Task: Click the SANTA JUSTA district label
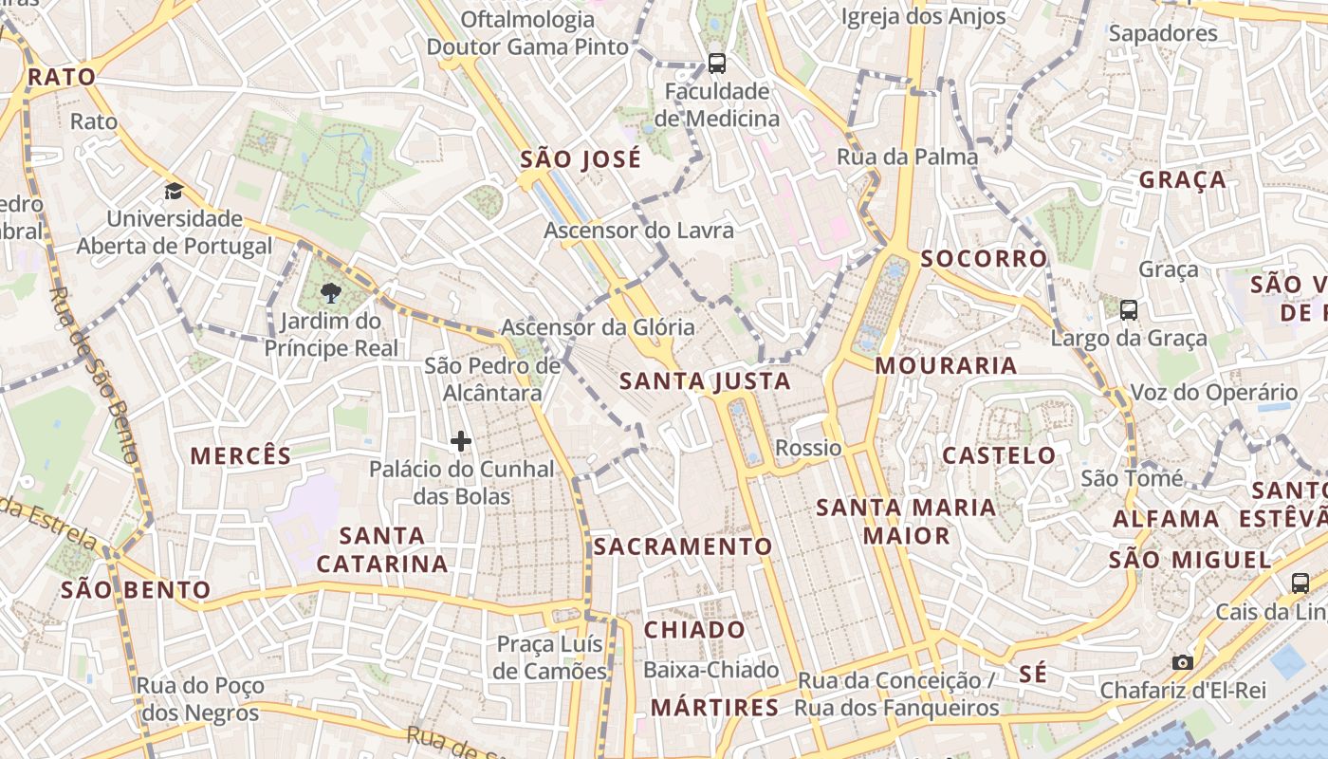(704, 381)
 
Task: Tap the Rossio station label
(808, 447)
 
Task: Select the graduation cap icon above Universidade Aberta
(174, 192)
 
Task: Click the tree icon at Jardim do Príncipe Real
(331, 292)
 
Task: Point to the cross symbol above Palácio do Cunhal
(461, 441)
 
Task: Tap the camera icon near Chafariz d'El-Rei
(1182, 662)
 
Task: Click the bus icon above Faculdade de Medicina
(717, 64)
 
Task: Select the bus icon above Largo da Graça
(1129, 309)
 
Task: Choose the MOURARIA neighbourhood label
(946, 365)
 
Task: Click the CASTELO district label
(999, 455)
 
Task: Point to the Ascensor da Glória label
(598, 327)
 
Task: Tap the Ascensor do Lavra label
(638, 230)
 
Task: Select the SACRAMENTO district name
(683, 546)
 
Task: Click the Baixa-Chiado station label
(710, 670)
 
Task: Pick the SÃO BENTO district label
(136, 590)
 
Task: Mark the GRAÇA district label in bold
(1182, 179)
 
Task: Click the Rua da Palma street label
(907, 157)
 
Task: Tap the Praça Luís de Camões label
(551, 657)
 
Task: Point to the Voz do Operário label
(1213, 392)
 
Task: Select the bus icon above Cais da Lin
(1300, 583)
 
